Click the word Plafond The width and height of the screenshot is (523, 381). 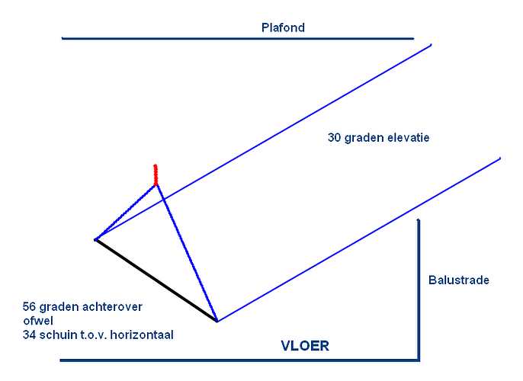283,27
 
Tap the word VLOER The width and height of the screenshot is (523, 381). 305,346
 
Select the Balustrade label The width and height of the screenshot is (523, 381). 459,280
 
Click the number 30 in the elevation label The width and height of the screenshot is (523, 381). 334,137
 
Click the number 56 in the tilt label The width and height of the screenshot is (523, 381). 29,306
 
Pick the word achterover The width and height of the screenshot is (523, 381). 114,306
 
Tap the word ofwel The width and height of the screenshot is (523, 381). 38,321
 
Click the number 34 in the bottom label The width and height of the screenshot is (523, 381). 29,335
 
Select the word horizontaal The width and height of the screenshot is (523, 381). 142,335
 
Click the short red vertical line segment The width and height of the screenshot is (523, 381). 156,174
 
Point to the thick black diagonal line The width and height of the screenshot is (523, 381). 156,280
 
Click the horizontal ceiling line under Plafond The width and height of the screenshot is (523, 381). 238,38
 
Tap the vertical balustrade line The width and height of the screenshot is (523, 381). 419,290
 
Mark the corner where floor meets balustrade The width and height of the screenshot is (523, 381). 419,360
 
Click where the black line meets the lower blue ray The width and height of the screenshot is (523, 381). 217,322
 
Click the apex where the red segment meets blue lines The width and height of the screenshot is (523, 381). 156,184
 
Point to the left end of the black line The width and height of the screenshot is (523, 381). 95,239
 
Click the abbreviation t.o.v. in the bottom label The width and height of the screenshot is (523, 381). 95,335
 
